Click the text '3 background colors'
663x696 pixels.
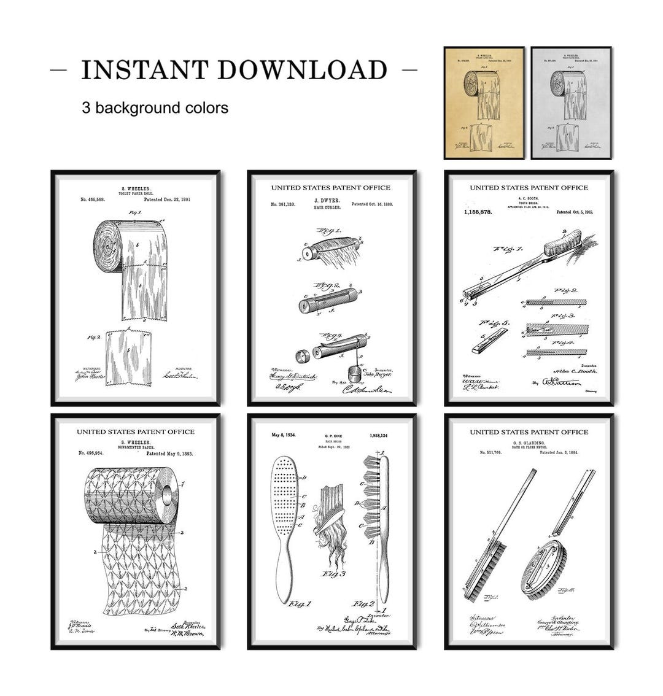point(155,108)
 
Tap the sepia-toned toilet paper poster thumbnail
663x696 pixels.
point(484,102)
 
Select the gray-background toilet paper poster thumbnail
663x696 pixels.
point(570,102)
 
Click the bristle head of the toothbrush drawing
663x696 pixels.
point(564,240)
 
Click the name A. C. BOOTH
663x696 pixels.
point(529,199)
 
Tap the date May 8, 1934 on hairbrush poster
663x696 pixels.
point(283,435)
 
